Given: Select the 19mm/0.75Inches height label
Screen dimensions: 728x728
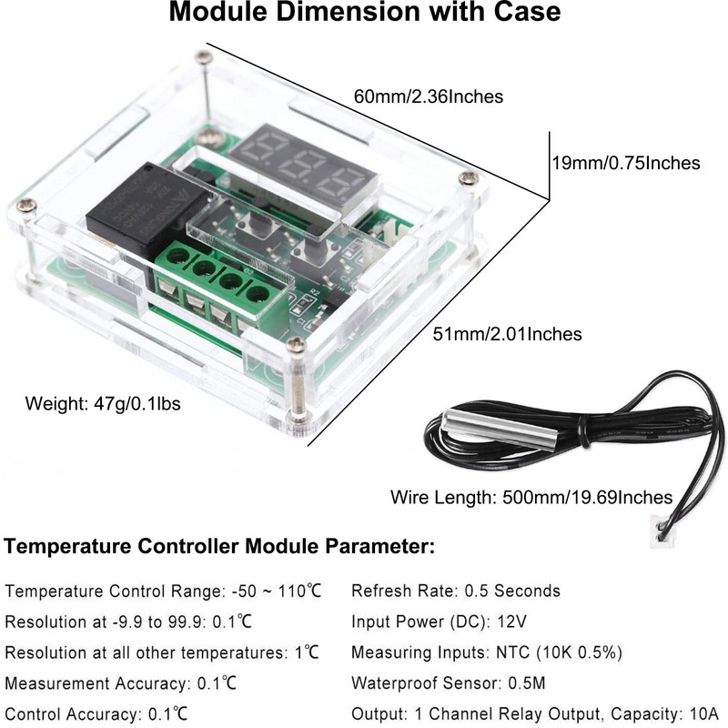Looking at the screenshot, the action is (626, 163).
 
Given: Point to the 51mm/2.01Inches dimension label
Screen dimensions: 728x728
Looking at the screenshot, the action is (507, 334).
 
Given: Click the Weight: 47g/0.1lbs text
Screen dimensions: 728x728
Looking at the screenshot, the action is (103, 402).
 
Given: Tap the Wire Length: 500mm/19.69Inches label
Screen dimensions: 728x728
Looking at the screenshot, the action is (531, 497).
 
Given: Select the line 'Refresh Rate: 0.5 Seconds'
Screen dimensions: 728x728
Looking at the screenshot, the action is (456, 591).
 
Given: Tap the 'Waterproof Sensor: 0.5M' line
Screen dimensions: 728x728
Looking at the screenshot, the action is (450, 682).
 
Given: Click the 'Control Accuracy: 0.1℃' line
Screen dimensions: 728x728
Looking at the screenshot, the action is (101, 712).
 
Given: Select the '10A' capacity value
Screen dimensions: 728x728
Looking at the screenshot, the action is (702, 712).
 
